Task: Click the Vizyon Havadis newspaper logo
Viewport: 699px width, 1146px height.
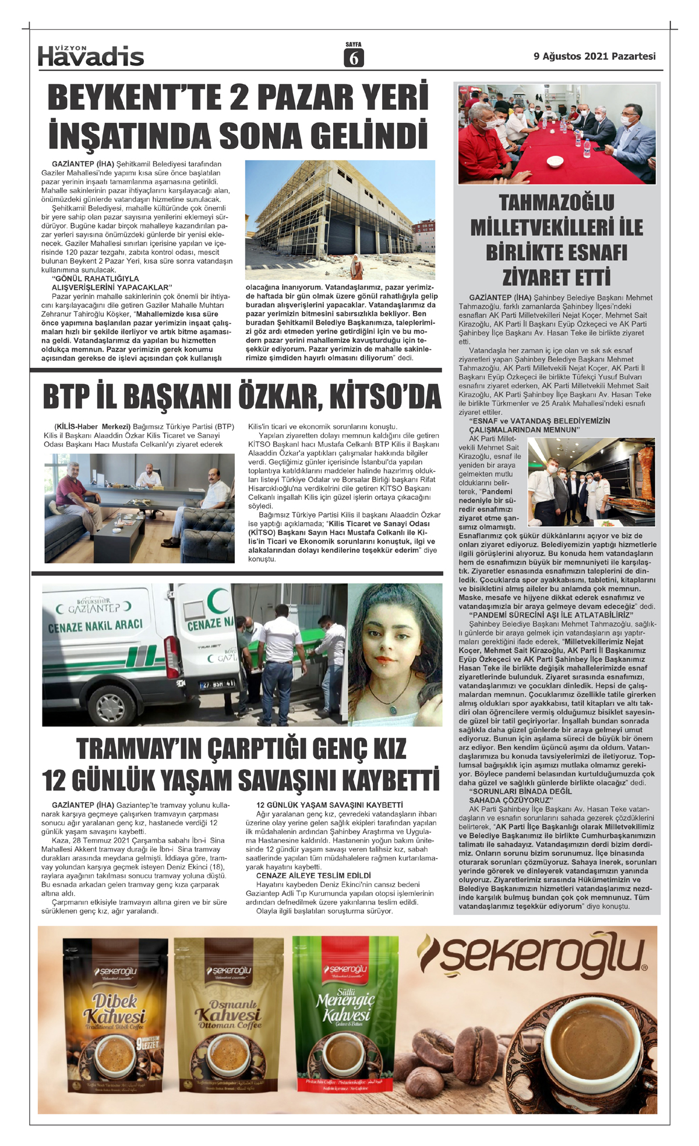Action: click(x=91, y=55)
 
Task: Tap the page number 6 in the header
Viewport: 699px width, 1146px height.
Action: click(x=354, y=58)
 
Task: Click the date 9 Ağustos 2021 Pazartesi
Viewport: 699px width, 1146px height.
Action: click(x=594, y=56)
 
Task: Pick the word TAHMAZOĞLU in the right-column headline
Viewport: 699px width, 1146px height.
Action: click(x=556, y=203)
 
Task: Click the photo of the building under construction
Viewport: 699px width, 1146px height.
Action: click(x=340, y=219)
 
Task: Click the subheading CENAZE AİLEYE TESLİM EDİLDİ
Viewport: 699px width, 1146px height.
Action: click(x=313, y=875)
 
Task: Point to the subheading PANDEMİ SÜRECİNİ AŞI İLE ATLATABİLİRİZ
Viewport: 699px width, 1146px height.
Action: click(x=552, y=615)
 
